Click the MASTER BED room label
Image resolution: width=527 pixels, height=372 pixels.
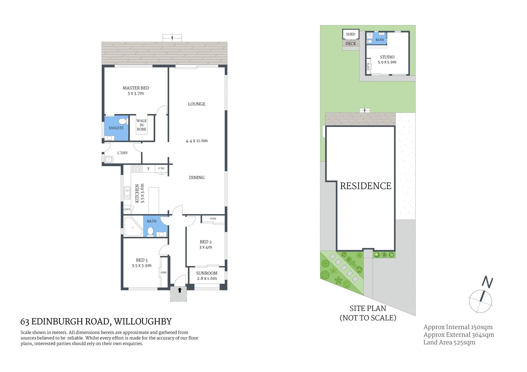tap(136, 88)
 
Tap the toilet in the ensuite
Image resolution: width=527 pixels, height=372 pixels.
tap(122, 121)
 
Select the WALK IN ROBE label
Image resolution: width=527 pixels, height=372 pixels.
tap(141, 125)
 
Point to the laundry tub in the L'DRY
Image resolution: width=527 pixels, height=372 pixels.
tap(109, 159)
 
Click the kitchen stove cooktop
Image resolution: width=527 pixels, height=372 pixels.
tap(136, 168)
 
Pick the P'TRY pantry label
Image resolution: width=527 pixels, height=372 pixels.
tap(161, 168)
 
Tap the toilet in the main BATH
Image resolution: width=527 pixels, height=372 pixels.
tap(150, 231)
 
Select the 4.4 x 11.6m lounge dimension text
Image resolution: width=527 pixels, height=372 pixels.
tap(196, 141)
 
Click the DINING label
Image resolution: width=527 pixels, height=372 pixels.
tap(196, 178)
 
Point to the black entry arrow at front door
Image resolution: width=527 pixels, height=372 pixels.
tap(179, 290)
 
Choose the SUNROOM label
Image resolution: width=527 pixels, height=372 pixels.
tap(206, 273)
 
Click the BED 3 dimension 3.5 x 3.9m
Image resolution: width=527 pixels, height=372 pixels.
tap(141, 266)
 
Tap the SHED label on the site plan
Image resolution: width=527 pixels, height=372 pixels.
tap(351, 34)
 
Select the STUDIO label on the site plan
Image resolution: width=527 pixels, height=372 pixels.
tap(387, 57)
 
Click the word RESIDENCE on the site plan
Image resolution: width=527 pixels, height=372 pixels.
tap(365, 186)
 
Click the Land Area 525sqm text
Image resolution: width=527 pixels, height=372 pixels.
tap(449, 342)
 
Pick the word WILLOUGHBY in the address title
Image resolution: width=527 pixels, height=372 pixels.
tap(143, 322)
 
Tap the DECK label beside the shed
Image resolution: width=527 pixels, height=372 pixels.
tap(351, 44)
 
